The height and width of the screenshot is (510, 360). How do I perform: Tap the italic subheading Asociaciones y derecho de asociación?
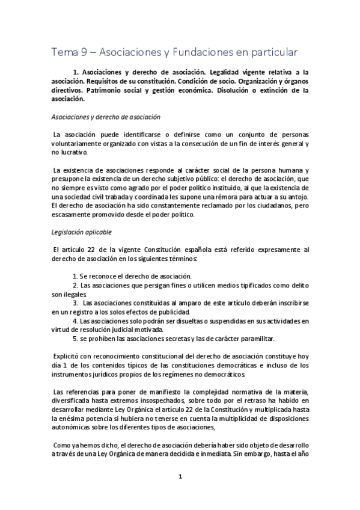click(x=105, y=117)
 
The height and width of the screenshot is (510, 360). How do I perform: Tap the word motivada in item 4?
click(x=143, y=328)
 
